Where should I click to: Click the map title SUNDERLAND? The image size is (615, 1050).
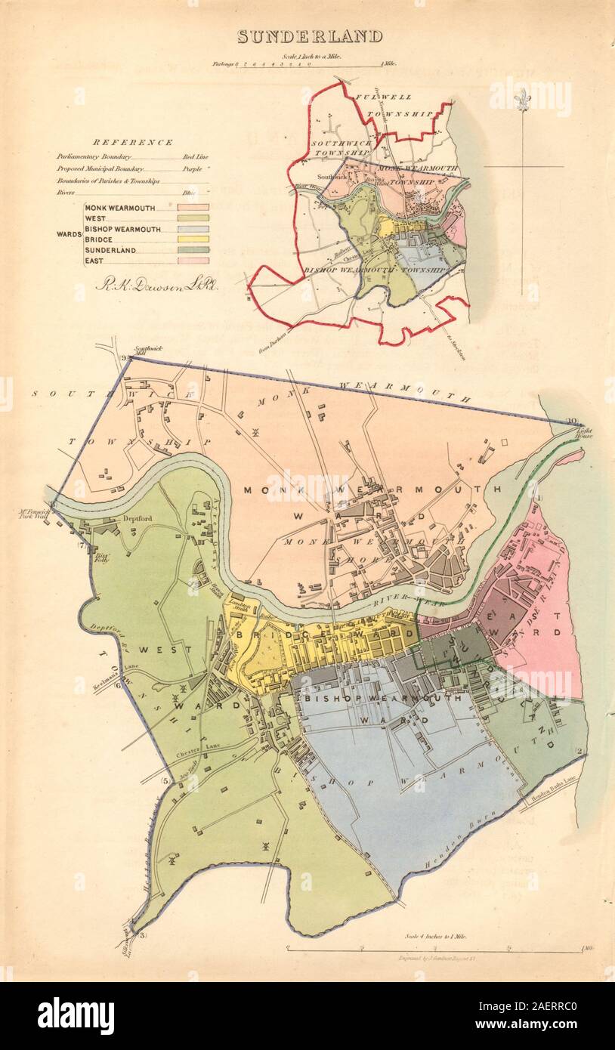310,36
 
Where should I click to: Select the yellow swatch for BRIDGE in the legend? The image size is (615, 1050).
189,239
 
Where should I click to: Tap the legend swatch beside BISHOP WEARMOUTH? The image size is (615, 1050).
189,228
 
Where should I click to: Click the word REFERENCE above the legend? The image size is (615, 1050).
133,142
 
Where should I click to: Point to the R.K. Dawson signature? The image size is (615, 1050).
156,286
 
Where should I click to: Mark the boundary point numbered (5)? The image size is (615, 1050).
165,780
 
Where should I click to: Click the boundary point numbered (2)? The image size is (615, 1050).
579,751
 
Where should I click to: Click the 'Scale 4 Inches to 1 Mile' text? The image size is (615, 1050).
436,936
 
